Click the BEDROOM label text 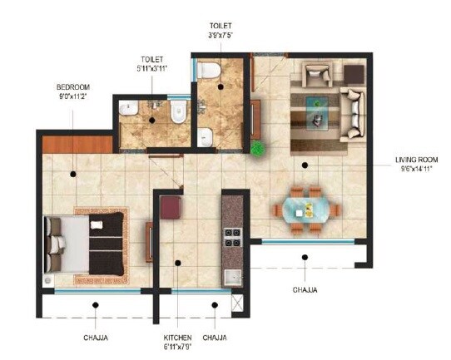coord(73,86)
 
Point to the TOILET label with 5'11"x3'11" coord(155,60)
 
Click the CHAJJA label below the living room coord(305,290)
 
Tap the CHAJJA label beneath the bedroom coord(94,338)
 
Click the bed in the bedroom coord(83,242)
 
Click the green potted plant coord(259,150)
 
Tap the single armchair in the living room coord(316,76)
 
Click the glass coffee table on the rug coord(317,111)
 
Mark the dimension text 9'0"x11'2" coord(73,96)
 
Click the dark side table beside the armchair coord(353,74)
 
